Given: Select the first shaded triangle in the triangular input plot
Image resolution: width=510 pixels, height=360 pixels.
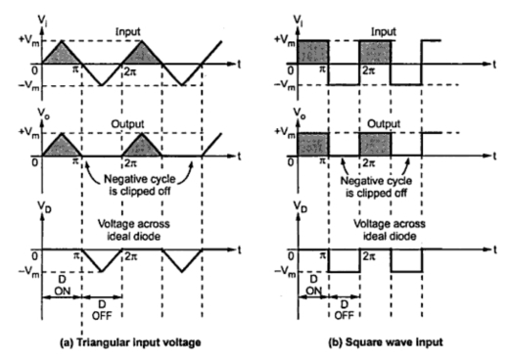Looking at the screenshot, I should pos(56,54).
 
